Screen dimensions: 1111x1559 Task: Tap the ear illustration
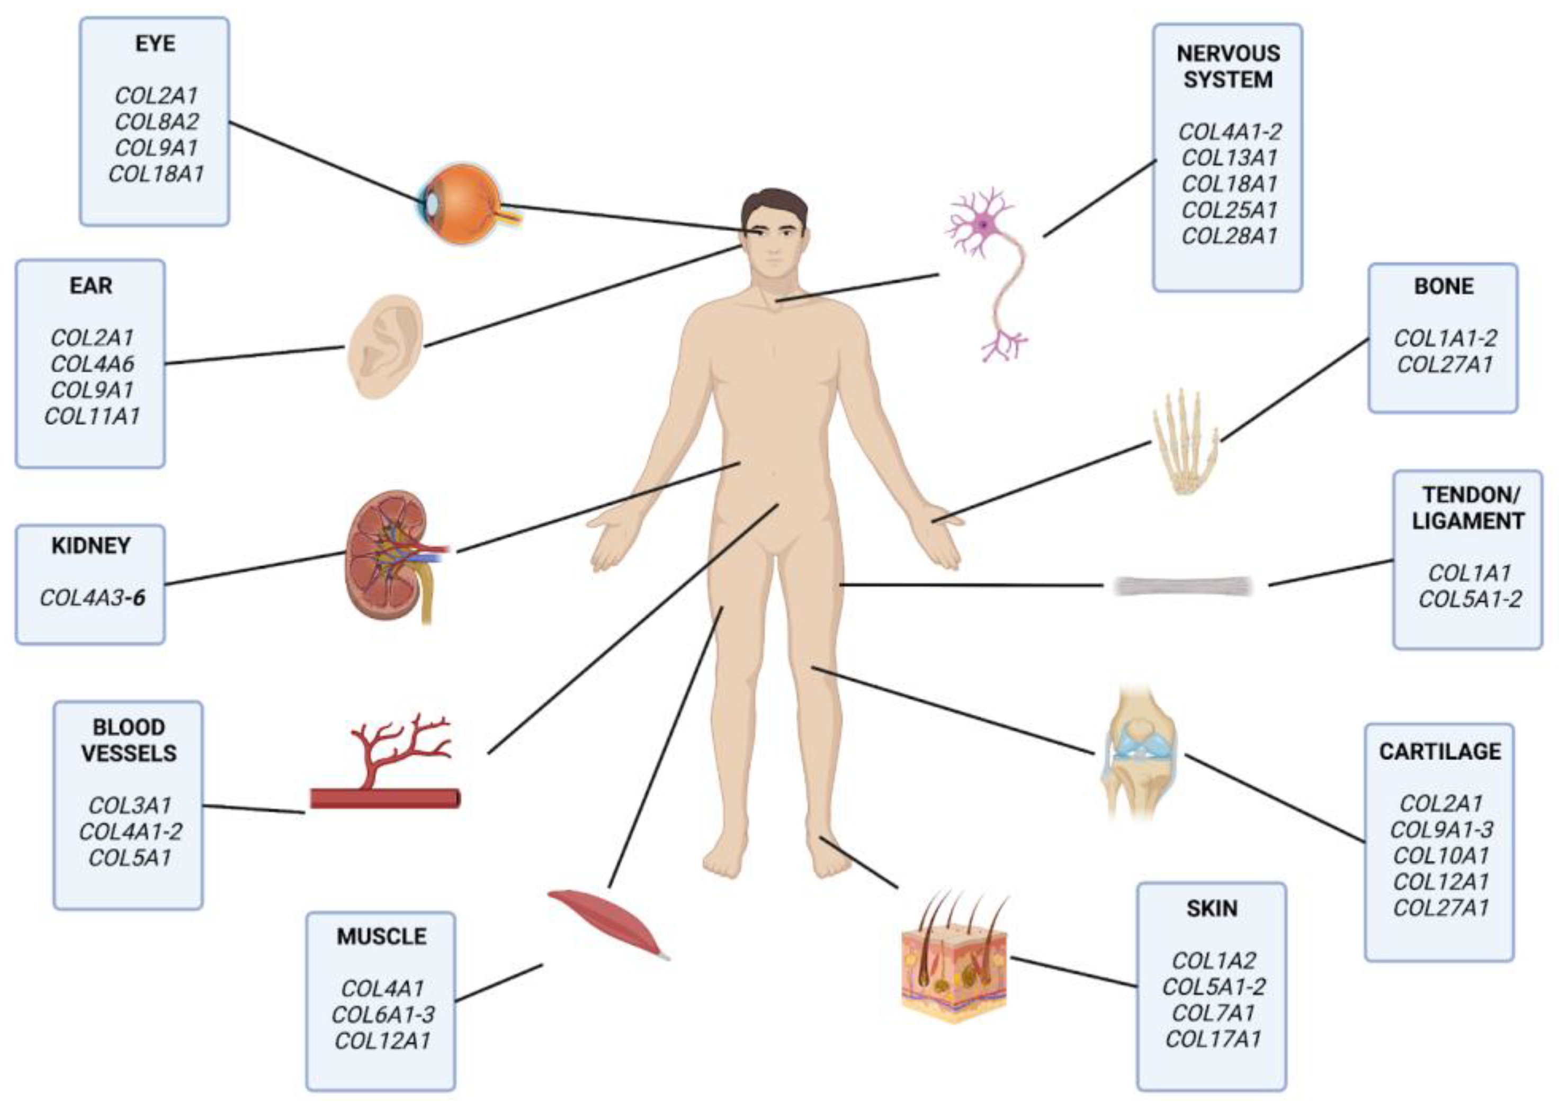[x=384, y=346]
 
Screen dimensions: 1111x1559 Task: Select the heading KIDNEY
[x=91, y=546]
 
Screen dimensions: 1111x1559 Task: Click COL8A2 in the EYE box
[x=157, y=122]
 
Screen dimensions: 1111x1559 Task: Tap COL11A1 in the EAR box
[x=92, y=416]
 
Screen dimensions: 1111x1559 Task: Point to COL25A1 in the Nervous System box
[x=1229, y=210]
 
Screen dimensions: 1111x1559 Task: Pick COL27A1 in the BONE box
[x=1444, y=365]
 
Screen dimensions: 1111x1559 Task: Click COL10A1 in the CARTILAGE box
[x=1440, y=856]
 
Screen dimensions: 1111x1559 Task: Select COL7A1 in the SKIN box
[x=1213, y=1013]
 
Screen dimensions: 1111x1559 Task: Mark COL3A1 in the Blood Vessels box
[x=129, y=805]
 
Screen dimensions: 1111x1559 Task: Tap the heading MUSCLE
[x=381, y=936]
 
